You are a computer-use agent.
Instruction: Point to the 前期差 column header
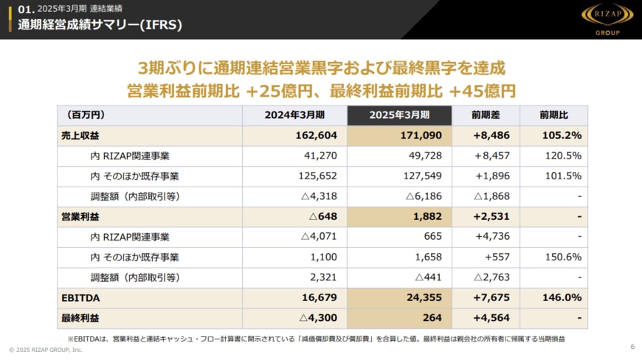[x=486, y=115]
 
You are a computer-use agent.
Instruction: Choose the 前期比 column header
[x=553, y=115]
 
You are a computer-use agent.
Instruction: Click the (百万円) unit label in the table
[x=86, y=115]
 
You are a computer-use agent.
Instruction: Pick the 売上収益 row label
[x=80, y=136]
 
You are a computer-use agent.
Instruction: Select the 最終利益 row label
[x=80, y=319]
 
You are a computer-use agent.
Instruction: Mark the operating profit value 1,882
[x=426, y=217]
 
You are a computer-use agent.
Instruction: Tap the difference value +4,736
[x=493, y=237]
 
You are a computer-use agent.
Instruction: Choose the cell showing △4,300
[x=318, y=319]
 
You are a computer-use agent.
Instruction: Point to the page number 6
[x=632, y=347]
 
